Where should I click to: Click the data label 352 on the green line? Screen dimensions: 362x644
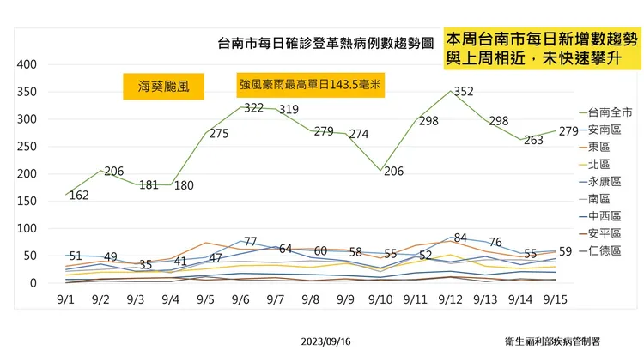464,91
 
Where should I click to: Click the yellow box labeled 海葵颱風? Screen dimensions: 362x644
163,86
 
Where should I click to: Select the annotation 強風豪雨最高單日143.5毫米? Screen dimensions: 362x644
311,86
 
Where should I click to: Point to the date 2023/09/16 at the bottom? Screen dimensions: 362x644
325,341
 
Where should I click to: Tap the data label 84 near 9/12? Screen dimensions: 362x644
460,238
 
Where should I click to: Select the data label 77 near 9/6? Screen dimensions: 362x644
252,242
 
